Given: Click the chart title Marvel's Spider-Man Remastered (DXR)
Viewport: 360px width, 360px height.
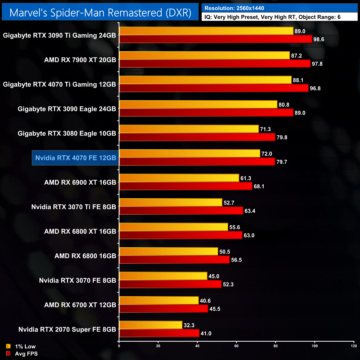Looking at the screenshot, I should [x=100, y=13].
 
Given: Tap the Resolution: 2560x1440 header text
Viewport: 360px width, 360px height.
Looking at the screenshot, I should [x=234, y=8].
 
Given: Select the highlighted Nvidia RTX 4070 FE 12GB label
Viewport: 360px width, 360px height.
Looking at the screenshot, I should [x=76, y=158].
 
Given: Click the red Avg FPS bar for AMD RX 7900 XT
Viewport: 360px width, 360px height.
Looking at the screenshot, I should [x=215, y=64].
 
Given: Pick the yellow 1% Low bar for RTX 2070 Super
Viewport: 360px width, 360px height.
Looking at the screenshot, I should [x=151, y=325].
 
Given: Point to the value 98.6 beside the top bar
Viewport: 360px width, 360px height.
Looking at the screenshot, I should [x=318, y=39].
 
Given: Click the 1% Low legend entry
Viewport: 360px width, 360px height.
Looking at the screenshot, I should [x=25, y=346].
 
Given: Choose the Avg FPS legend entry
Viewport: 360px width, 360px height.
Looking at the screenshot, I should [x=26, y=354].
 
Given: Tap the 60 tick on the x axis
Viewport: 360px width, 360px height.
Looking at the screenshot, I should [x=236, y=346].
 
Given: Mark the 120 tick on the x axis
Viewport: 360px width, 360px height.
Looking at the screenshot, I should [x=354, y=346].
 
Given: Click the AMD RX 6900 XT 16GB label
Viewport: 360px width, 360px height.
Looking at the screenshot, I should [x=80, y=182].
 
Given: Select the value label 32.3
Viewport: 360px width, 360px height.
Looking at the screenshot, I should [x=189, y=325].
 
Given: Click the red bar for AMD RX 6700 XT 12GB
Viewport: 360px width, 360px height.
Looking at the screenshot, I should [x=163, y=309].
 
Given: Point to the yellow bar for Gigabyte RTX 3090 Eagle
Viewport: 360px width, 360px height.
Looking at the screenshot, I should [x=198, y=104].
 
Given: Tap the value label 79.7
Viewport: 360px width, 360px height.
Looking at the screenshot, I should [x=282, y=162].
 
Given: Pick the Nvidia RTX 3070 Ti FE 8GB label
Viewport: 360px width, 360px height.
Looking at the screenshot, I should [x=73, y=207].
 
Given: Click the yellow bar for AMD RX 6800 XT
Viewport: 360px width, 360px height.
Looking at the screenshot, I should [x=174, y=227].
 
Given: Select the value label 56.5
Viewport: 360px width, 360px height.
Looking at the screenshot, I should [x=236, y=260].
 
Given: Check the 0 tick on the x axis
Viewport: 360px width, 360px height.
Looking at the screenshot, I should [x=119, y=346].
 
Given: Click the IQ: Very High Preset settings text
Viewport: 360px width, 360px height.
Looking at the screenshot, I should [x=272, y=17].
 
